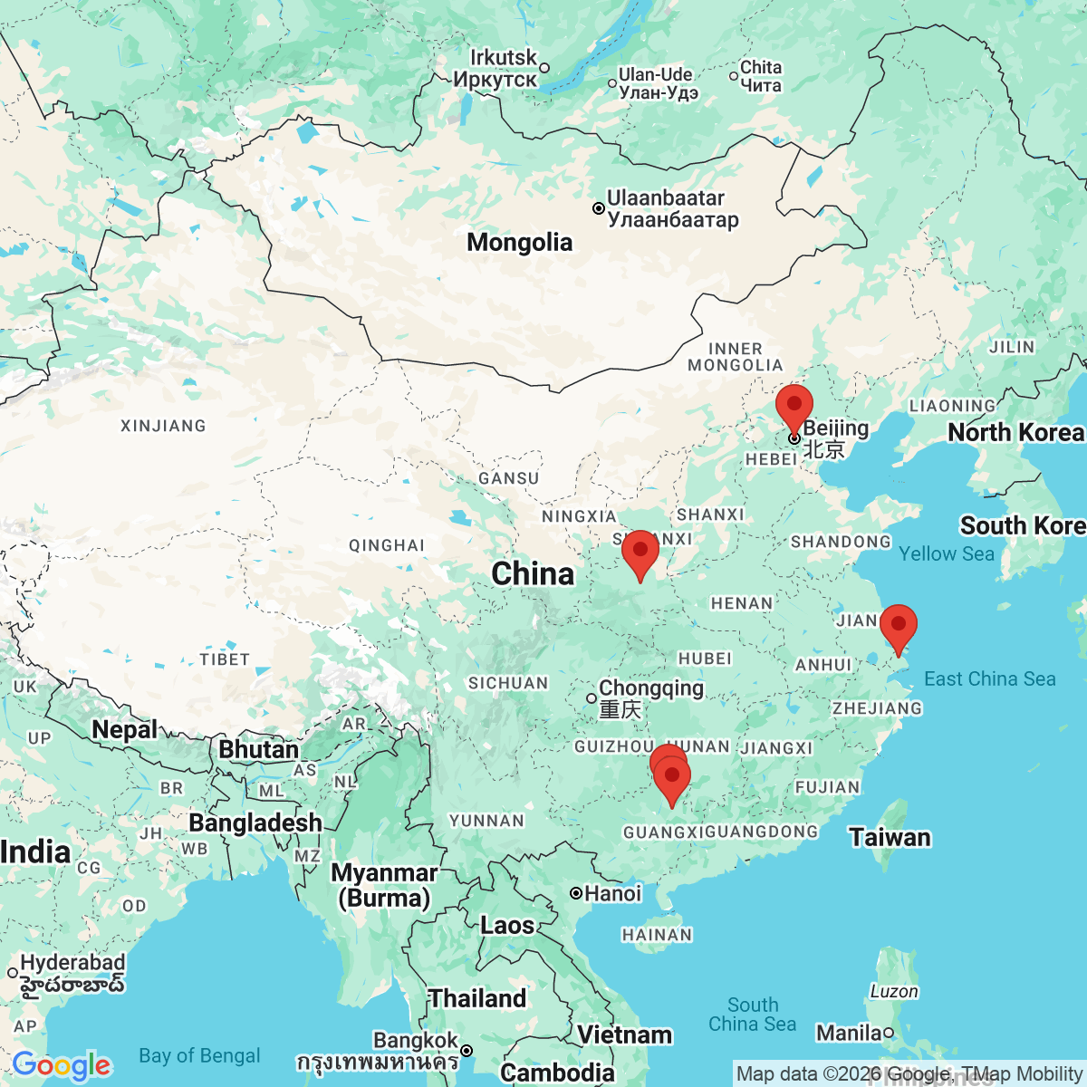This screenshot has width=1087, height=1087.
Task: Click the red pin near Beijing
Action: [794, 405]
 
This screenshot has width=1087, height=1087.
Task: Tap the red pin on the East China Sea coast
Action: [898, 625]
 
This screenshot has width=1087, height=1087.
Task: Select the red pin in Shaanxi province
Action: [640, 551]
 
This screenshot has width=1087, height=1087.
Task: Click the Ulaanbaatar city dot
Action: [599, 208]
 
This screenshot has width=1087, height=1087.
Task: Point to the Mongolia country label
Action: [520, 243]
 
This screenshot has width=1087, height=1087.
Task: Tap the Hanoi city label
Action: [612, 894]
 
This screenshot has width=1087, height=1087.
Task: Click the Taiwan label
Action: [890, 838]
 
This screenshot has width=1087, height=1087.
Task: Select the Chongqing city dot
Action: [592, 698]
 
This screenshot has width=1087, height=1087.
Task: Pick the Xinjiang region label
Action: [163, 426]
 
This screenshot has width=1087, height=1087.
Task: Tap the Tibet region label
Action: [225, 659]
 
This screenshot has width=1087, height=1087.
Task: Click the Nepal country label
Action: [125, 730]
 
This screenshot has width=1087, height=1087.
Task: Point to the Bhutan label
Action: [258, 750]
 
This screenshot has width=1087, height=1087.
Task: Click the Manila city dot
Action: [889, 1033]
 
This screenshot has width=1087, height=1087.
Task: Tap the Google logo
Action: [62, 1065]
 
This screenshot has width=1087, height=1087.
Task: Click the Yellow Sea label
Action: [947, 554]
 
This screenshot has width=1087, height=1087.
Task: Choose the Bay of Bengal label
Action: [199, 1056]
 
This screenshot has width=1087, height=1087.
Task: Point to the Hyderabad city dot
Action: [13, 973]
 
